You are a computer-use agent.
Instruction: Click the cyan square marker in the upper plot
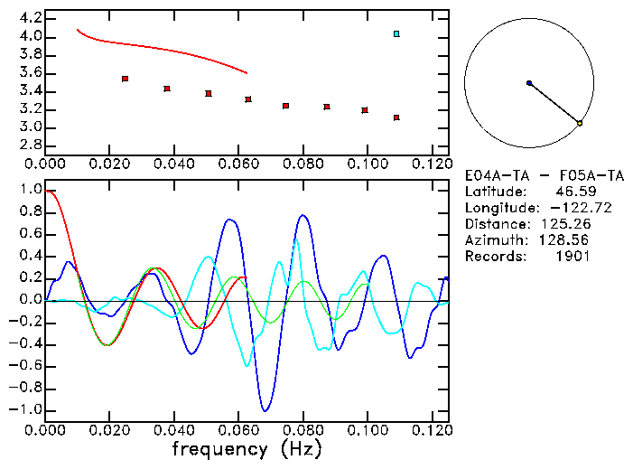(x=396, y=34)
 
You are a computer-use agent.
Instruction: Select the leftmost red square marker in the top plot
(x=125, y=80)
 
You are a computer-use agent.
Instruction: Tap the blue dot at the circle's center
(x=529, y=83)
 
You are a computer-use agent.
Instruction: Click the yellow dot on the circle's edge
(x=580, y=123)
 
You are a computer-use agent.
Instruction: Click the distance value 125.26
(x=565, y=224)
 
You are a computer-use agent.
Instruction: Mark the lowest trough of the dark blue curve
(x=265, y=410)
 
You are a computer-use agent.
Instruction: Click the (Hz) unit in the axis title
(x=301, y=447)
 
